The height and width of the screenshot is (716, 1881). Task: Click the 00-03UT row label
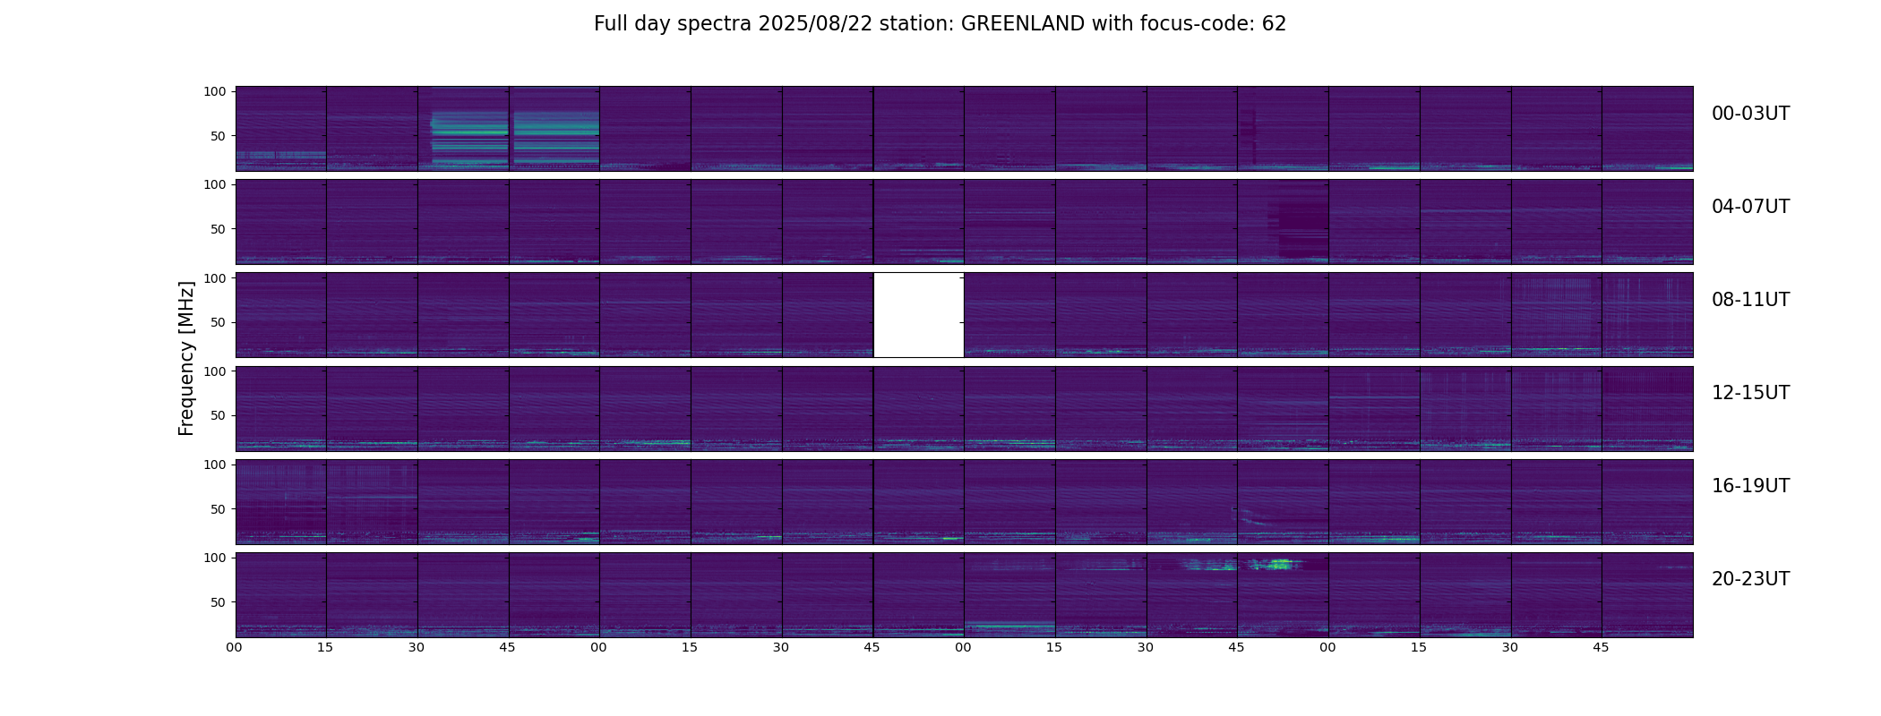[1750, 114]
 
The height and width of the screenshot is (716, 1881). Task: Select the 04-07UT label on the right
[1750, 207]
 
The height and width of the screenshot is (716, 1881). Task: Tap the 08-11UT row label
[1750, 300]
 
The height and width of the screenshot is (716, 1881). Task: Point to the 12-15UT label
[1750, 393]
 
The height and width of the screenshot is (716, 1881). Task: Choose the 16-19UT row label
[1750, 486]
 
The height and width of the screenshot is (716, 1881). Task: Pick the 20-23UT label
[1750, 579]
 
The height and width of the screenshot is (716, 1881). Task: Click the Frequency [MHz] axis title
[186, 358]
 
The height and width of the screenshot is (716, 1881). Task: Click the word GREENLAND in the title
[1023, 24]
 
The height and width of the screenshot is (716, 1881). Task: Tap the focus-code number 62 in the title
[1274, 24]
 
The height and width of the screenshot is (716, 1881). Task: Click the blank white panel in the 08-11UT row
[918, 315]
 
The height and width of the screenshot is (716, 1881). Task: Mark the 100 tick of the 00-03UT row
[215, 91]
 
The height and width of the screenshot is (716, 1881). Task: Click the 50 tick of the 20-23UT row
[219, 602]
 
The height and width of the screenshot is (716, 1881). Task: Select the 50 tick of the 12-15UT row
[219, 415]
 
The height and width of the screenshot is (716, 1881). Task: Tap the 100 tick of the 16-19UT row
[215, 465]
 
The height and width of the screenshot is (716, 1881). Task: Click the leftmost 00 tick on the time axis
[235, 647]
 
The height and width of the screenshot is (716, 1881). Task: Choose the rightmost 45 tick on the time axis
[1601, 647]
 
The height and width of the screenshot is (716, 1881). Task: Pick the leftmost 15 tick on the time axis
[325, 647]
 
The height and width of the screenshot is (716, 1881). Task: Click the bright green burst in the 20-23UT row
[1276, 565]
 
